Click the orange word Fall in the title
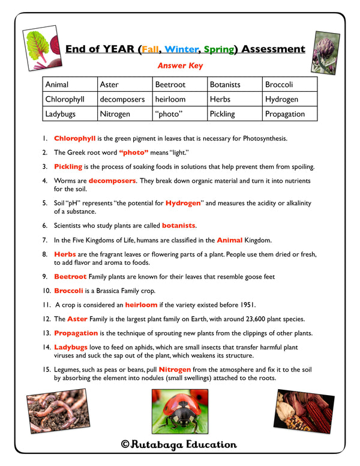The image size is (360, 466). pos(150,49)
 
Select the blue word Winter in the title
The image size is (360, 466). pos(181,49)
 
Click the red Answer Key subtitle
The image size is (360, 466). pos(179,66)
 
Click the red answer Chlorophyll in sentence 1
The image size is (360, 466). pos(75,138)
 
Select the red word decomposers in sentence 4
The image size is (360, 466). pos(112,180)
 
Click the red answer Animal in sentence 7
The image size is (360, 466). pos(230,240)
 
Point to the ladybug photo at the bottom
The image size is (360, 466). pos(179,411)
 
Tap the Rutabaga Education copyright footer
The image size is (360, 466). pos(179,445)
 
